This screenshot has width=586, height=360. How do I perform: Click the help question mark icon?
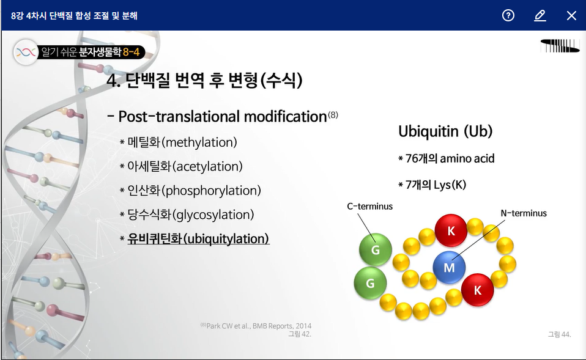[508, 15]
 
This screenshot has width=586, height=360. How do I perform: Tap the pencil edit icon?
[540, 16]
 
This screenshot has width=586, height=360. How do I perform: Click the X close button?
[571, 16]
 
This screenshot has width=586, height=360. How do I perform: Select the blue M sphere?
[449, 267]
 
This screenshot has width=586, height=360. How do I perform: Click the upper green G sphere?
[375, 249]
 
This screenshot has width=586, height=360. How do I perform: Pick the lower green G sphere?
[370, 283]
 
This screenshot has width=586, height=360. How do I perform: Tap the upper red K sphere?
[451, 230]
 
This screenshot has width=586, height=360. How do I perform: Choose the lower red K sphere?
[477, 290]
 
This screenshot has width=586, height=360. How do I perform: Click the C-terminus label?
[369, 206]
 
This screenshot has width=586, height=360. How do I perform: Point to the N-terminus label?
[524, 213]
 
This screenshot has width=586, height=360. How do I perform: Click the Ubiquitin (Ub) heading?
[445, 131]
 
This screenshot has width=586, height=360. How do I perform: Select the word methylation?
[199, 142]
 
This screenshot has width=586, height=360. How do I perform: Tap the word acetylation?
[207, 167]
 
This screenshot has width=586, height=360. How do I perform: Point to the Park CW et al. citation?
[256, 326]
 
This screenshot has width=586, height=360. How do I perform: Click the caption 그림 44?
[560, 334]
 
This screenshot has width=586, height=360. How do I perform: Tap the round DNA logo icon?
[26, 52]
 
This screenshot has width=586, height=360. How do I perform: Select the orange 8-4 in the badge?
[131, 52]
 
